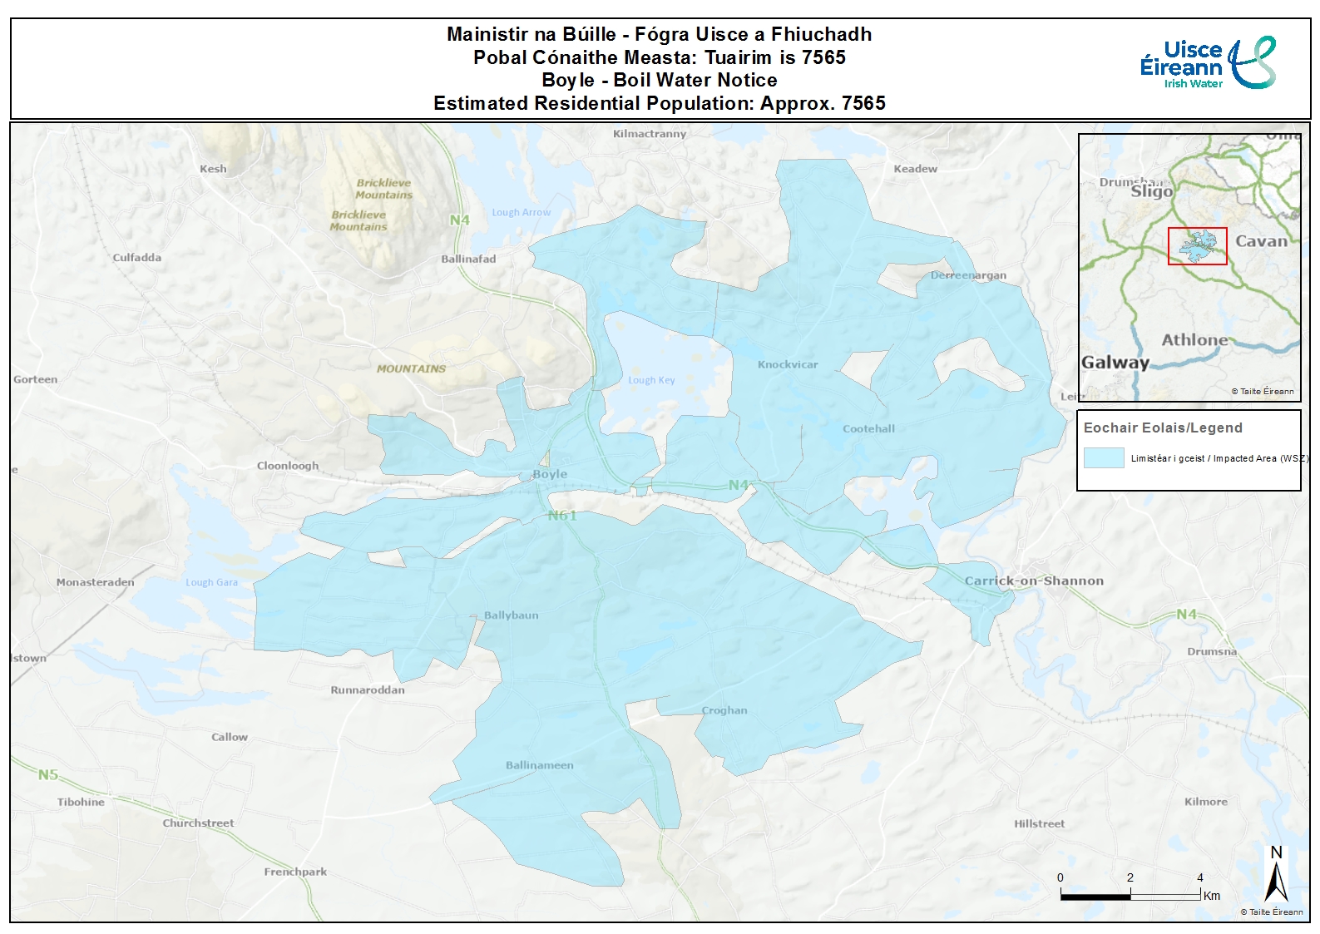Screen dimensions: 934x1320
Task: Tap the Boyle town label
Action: pyautogui.click(x=550, y=474)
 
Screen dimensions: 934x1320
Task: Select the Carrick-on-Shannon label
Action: pyautogui.click(x=1034, y=581)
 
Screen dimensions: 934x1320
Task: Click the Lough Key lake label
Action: pyautogui.click(x=651, y=380)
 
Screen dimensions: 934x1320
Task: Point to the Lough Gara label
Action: pyautogui.click(x=211, y=582)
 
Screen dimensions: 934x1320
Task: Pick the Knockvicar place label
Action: pyautogui.click(x=788, y=364)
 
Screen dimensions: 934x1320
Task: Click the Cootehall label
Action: pyautogui.click(x=868, y=428)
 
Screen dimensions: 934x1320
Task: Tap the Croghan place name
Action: pyautogui.click(x=724, y=710)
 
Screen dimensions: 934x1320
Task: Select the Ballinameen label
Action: pyautogui.click(x=539, y=765)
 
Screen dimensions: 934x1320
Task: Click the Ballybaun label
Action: pyautogui.click(x=511, y=615)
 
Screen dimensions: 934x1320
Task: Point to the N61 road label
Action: pyautogui.click(x=562, y=516)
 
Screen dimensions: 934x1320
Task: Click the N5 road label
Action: pyautogui.click(x=48, y=774)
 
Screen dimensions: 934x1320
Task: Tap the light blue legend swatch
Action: pyautogui.click(x=1104, y=457)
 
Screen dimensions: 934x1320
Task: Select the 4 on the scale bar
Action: pyautogui.click(x=1199, y=877)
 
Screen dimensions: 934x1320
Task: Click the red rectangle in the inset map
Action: pyautogui.click(x=1197, y=246)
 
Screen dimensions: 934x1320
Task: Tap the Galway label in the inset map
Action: pyautogui.click(x=1115, y=362)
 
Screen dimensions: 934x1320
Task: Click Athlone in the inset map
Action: pyautogui.click(x=1194, y=339)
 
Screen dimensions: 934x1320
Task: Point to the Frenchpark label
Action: pyautogui.click(x=295, y=872)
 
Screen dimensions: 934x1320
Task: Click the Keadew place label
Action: pyautogui.click(x=915, y=169)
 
